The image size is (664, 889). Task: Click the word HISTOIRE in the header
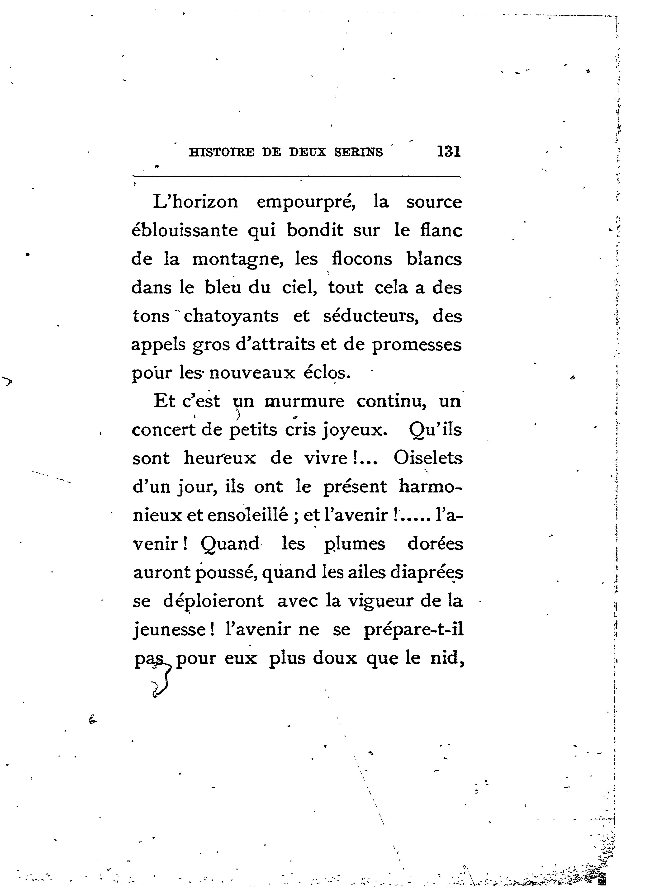pyautogui.click(x=222, y=153)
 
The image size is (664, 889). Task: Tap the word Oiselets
pyautogui.click(x=428, y=458)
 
